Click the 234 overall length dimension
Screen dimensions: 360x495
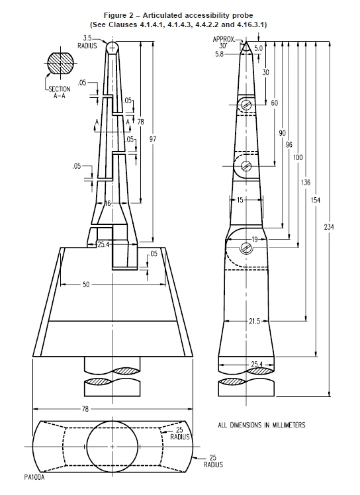tap(329, 227)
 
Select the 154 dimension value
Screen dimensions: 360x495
tap(316, 200)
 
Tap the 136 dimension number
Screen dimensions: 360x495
tap(306, 182)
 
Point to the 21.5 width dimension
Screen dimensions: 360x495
tap(255, 321)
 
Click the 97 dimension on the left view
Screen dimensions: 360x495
tap(153, 139)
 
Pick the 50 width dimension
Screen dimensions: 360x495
tap(86, 285)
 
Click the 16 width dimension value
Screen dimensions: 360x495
tap(108, 203)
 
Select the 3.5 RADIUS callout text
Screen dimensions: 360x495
tap(87, 42)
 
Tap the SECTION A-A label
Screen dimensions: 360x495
tap(60, 92)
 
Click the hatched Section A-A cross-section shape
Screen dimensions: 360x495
tap(61, 63)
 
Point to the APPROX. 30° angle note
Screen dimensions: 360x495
tap(224, 42)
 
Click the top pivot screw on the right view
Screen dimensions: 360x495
tap(247, 104)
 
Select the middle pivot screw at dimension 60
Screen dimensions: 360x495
tap(246, 165)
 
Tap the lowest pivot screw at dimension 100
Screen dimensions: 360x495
tap(247, 247)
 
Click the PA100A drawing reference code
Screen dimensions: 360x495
tap(34, 476)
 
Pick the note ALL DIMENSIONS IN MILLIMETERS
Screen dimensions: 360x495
tap(261, 425)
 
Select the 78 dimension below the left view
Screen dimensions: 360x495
tap(85, 409)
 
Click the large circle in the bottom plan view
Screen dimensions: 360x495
tap(112, 421)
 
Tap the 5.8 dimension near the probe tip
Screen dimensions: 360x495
tap(219, 54)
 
